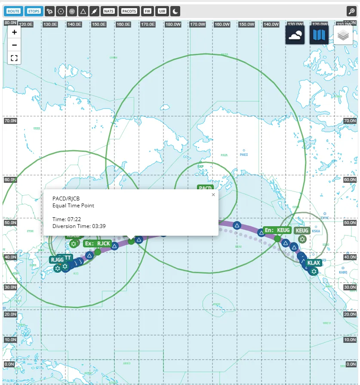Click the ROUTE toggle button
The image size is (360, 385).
pyautogui.click(x=13, y=11)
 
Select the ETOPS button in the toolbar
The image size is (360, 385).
pyautogui.click(x=34, y=11)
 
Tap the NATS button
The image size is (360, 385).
pyautogui.click(x=109, y=11)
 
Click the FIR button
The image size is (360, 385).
pyautogui.click(x=148, y=11)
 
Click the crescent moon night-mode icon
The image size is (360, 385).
pyautogui.click(x=175, y=11)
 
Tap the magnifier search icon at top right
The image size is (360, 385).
pyautogui.click(x=352, y=11)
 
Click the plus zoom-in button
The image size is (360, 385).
pyautogui.click(x=14, y=32)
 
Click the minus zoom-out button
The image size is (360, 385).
pyautogui.click(x=14, y=45)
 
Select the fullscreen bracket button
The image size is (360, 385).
pyautogui.click(x=14, y=58)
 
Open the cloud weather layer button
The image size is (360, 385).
pyautogui.click(x=295, y=35)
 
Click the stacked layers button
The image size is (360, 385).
pyautogui.click(x=343, y=35)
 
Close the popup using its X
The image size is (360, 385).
pyautogui.click(x=213, y=195)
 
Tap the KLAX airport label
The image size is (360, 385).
pyautogui.click(x=314, y=263)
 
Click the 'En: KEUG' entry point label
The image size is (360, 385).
pyautogui.click(x=277, y=230)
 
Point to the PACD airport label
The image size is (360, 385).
pyautogui.click(x=205, y=188)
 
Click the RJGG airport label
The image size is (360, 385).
pyautogui.click(x=57, y=259)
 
